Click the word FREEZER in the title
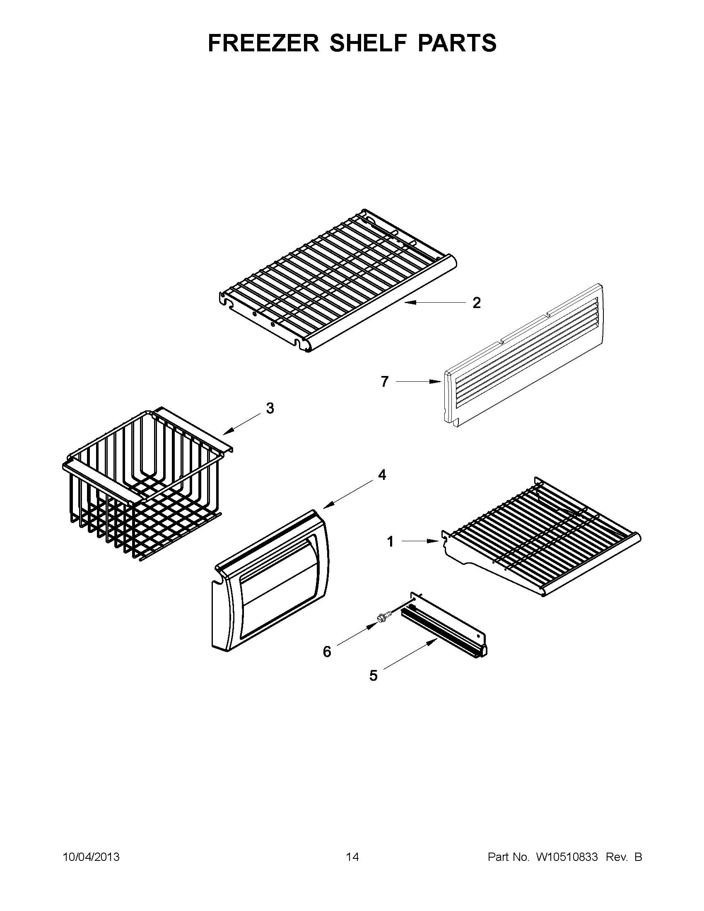coord(263,43)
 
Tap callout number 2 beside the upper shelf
coord(476,303)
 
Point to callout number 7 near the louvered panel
coord(385,381)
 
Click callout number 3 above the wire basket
coord(270,408)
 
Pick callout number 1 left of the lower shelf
coord(391,542)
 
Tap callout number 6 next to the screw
coord(327,651)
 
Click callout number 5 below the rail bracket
coord(373,675)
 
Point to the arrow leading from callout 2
coord(434,303)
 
